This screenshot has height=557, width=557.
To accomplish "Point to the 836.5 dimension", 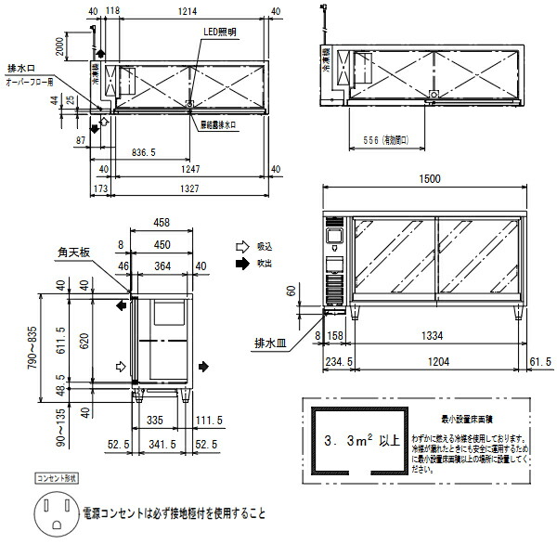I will point(144,149).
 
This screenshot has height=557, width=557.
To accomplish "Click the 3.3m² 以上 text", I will point(360,440).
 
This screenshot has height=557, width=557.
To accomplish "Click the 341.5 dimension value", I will point(164,445).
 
